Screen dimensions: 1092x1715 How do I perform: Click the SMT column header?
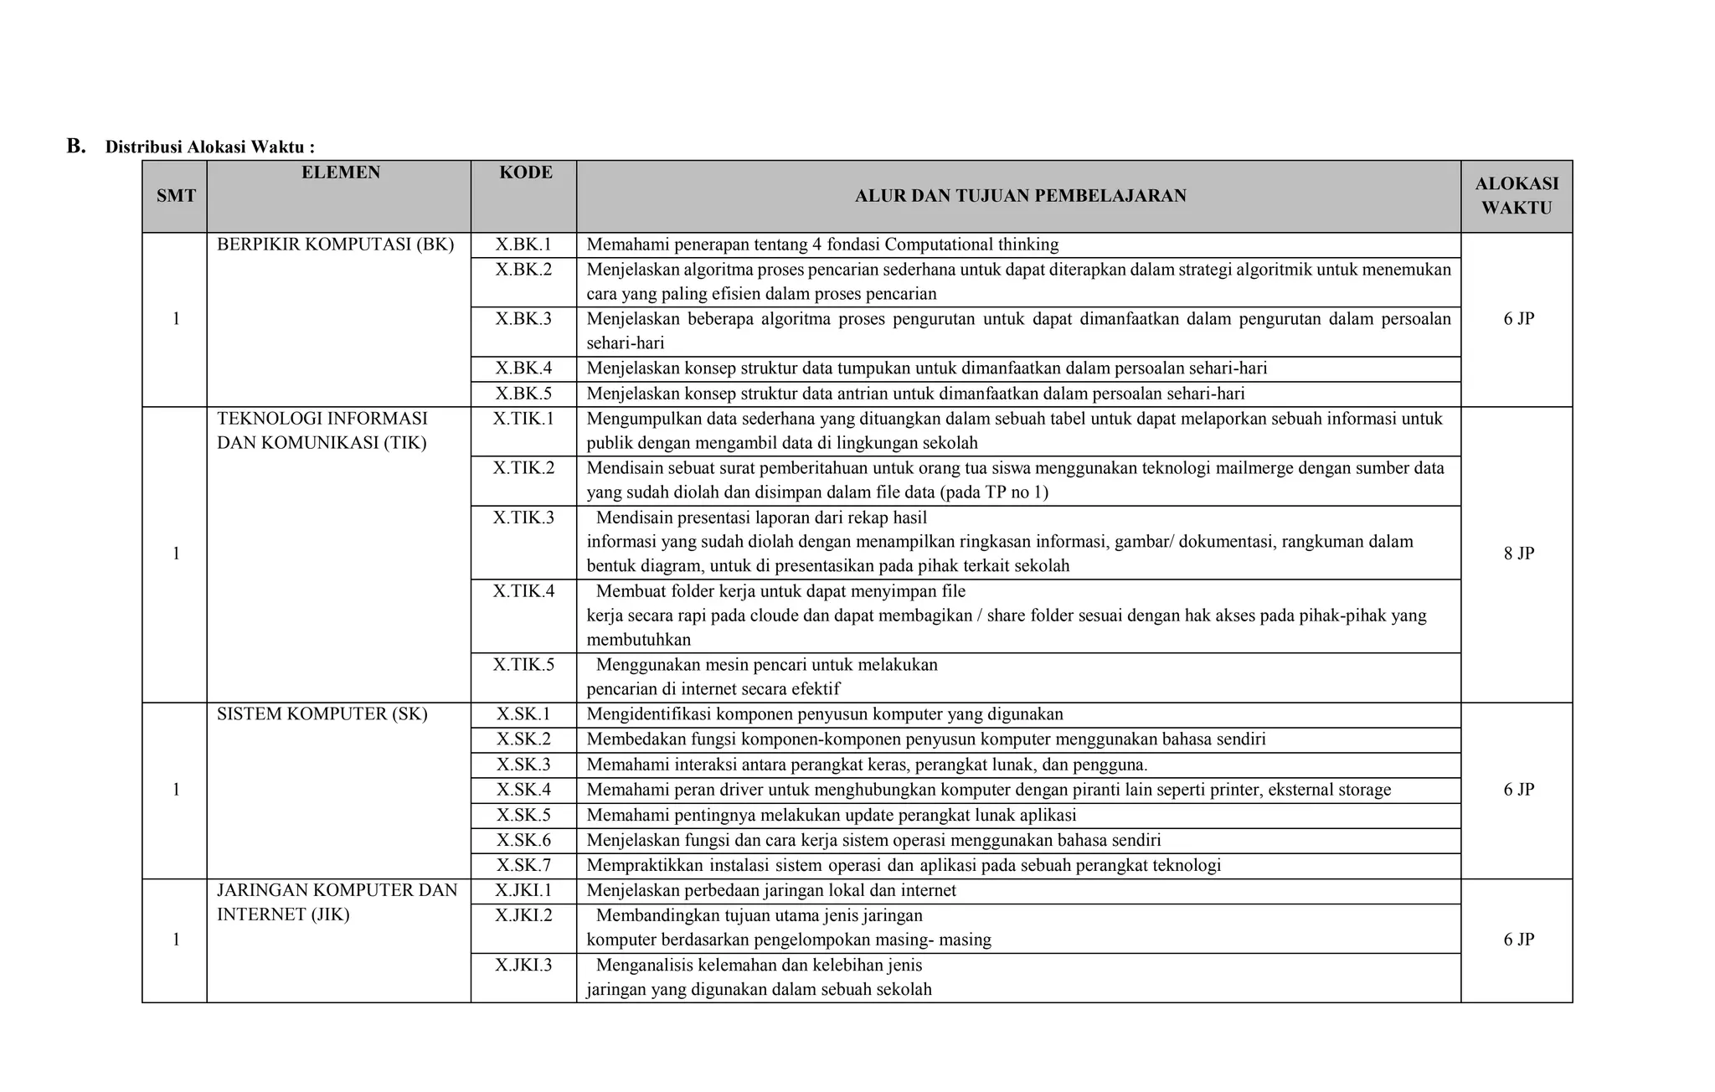click(x=176, y=196)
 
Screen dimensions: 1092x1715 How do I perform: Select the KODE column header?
click(x=526, y=173)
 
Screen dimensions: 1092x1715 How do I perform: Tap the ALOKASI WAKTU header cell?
click(x=1517, y=196)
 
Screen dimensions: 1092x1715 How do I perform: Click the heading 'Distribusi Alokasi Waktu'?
click(x=209, y=147)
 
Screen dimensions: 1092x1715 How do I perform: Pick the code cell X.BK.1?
click(x=523, y=245)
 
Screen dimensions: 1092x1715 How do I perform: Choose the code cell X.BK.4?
click(x=523, y=368)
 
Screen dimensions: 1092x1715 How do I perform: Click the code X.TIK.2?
click(x=523, y=467)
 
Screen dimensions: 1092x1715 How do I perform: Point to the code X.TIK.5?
click(x=523, y=664)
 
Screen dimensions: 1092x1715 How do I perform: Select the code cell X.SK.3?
click(x=523, y=764)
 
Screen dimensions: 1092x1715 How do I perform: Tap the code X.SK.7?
click(x=523, y=864)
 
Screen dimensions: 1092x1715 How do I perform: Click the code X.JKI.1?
click(x=523, y=889)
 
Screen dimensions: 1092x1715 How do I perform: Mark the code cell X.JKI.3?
click(x=523, y=965)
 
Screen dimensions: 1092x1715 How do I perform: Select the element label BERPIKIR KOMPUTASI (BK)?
click(x=335, y=245)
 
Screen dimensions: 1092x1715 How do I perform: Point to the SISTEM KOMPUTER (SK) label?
click(x=322, y=713)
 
